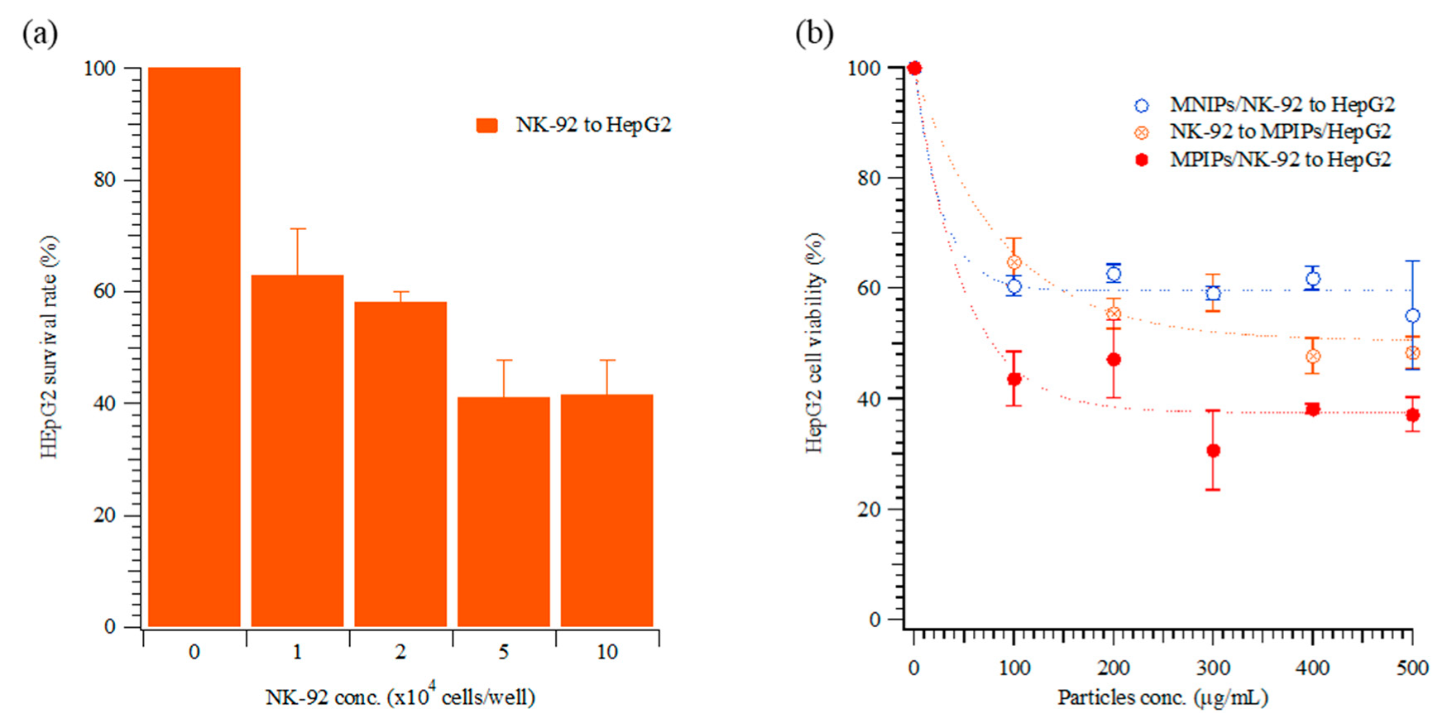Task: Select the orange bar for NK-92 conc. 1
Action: coord(297,451)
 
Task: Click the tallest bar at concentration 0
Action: coord(194,347)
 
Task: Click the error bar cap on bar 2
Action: coord(400,292)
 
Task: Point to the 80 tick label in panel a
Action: coord(104,180)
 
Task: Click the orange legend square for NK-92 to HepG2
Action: coord(487,126)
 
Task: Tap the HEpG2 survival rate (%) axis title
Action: coord(50,347)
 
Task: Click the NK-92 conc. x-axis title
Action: coord(400,697)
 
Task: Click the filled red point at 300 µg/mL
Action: coord(1213,451)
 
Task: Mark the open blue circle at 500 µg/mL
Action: coord(1412,316)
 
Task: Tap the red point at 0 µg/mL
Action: coord(914,69)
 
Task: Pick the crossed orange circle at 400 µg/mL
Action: coord(1312,357)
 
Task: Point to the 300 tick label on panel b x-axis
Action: coord(1213,668)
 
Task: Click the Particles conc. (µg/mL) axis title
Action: coord(1162,697)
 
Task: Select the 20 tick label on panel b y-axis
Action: coord(869,510)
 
